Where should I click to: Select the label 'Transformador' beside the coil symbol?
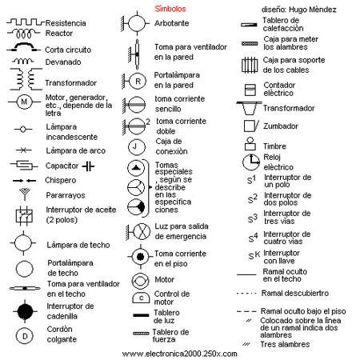70,82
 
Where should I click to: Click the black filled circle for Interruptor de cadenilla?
25,310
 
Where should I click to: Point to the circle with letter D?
25,336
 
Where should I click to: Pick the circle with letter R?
138,80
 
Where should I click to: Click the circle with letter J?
138,146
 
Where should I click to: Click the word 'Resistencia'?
66,23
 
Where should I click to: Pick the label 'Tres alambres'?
287,344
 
